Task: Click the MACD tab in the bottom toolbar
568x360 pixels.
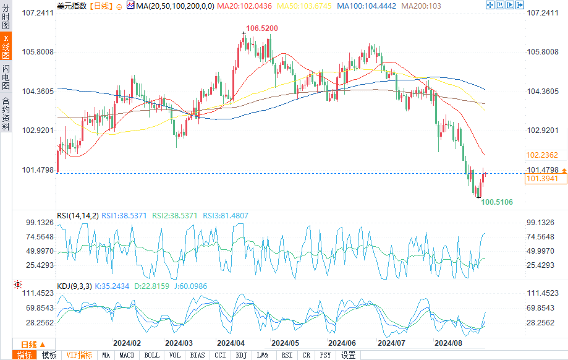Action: point(127,355)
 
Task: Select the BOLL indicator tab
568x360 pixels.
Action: point(151,355)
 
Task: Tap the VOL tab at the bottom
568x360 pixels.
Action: point(175,355)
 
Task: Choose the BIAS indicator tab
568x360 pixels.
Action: point(198,355)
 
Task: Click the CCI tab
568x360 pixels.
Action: point(220,355)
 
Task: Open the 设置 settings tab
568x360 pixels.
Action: point(349,355)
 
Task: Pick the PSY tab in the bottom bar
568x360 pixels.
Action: point(325,355)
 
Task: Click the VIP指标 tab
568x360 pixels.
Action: point(79,355)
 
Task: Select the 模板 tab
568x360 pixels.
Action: point(49,355)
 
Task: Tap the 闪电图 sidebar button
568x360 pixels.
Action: point(6,77)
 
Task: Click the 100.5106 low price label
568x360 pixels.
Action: point(497,202)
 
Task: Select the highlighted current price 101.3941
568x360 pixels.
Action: point(541,179)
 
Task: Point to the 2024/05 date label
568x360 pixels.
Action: point(286,343)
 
